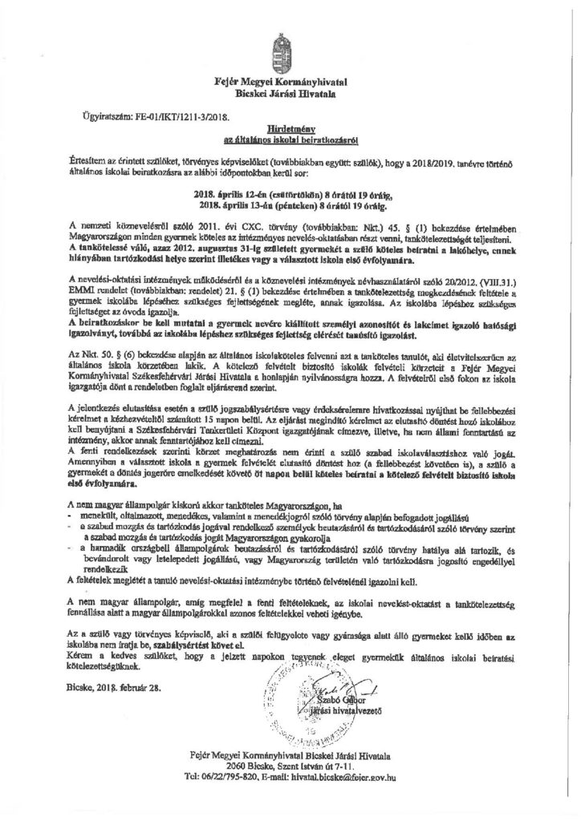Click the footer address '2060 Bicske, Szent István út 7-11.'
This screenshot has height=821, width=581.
(x=290, y=766)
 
